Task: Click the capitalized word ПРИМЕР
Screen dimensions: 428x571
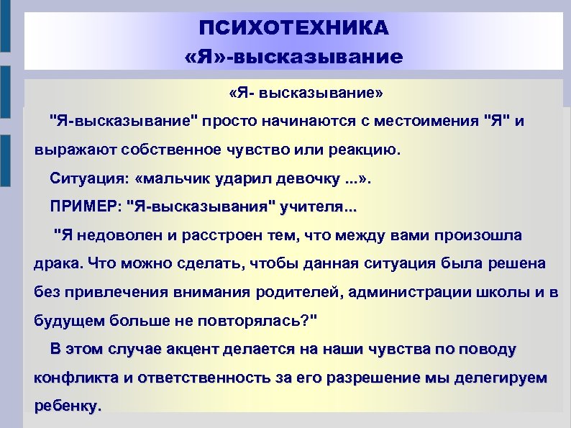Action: (x=84, y=208)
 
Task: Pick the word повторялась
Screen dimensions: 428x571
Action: (x=253, y=320)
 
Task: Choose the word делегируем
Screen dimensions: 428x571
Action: (x=498, y=377)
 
